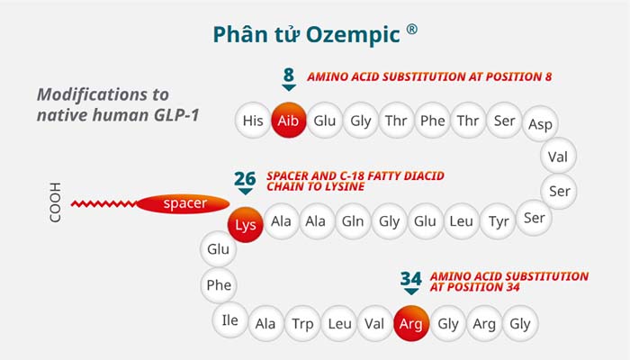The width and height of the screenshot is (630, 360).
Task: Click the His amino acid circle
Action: coord(253,121)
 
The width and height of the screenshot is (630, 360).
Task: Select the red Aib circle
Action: coord(288,121)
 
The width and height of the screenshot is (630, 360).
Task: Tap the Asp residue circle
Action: coord(541,124)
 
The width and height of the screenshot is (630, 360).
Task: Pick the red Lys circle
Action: coord(246,222)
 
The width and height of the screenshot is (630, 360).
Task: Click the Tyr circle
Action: coord(499,221)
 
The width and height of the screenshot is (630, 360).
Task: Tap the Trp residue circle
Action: coord(302,323)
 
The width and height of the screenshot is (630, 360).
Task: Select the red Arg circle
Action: coord(411,323)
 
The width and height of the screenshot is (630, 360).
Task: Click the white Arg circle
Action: coord(484,323)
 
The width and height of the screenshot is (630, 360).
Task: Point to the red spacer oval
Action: coord(184,203)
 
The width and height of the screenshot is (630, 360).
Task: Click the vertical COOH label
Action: coord(56,203)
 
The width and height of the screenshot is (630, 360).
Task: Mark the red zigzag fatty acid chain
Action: coord(103,203)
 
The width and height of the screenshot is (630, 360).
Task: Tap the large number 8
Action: coord(288,75)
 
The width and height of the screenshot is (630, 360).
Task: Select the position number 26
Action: coord(245,177)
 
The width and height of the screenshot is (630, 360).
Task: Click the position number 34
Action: coord(411,279)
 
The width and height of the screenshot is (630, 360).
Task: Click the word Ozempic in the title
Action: coord(352,34)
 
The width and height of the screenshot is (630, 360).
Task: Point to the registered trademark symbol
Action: coord(411,29)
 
